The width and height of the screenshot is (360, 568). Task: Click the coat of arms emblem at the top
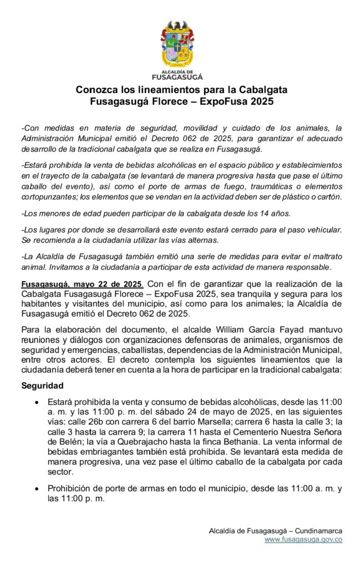pos(178,44)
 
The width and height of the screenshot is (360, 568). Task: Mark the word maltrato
pos(324,256)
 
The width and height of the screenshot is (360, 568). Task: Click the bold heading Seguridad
pos(42,385)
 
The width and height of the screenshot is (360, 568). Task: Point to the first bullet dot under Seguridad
pos(37,401)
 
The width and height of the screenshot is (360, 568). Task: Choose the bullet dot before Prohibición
pos(37,489)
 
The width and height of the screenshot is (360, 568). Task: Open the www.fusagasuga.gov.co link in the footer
pos(303,539)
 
